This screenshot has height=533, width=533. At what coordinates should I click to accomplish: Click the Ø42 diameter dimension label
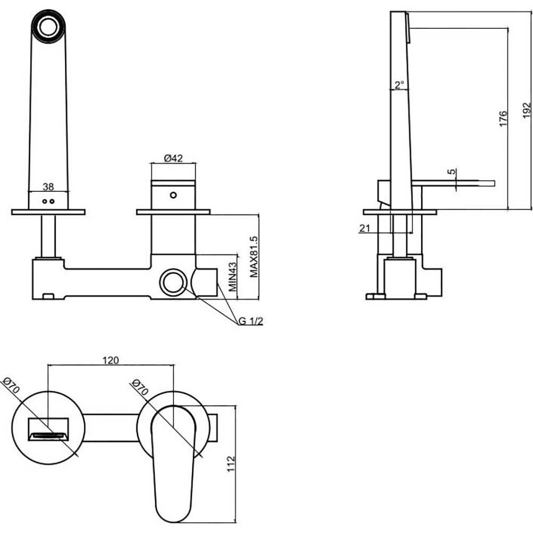[173, 158]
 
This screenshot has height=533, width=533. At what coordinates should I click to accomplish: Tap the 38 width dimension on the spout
[48, 187]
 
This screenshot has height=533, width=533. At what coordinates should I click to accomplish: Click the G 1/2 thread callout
[251, 321]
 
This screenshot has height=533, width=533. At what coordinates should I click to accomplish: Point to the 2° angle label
[399, 84]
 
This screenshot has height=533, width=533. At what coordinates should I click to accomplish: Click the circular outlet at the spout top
[49, 25]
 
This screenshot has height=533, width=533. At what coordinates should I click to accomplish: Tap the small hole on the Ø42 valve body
[173, 195]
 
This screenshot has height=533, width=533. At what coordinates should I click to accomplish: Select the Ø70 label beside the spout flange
[11, 385]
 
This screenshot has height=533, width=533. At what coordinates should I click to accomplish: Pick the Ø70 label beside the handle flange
[138, 387]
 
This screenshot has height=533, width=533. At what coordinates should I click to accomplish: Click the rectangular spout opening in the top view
[48, 430]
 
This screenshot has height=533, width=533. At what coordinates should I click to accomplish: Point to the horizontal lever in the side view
[453, 183]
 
